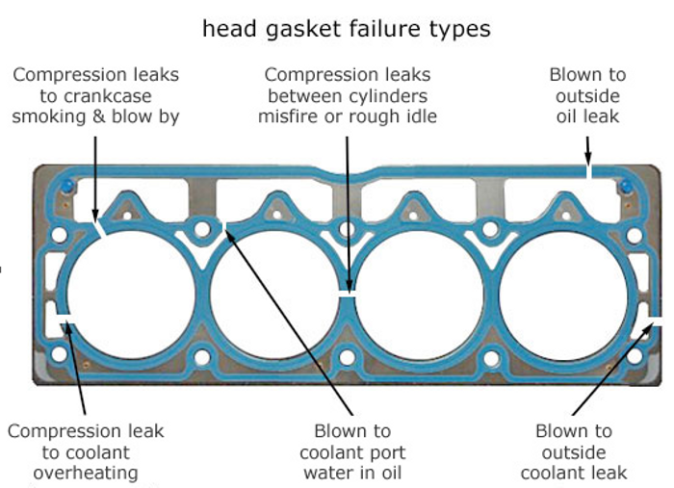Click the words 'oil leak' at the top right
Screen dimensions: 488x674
587,116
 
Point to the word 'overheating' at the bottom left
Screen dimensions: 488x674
86,473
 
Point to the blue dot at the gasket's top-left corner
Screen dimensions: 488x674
65,186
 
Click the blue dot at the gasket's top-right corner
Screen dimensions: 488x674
627,185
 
